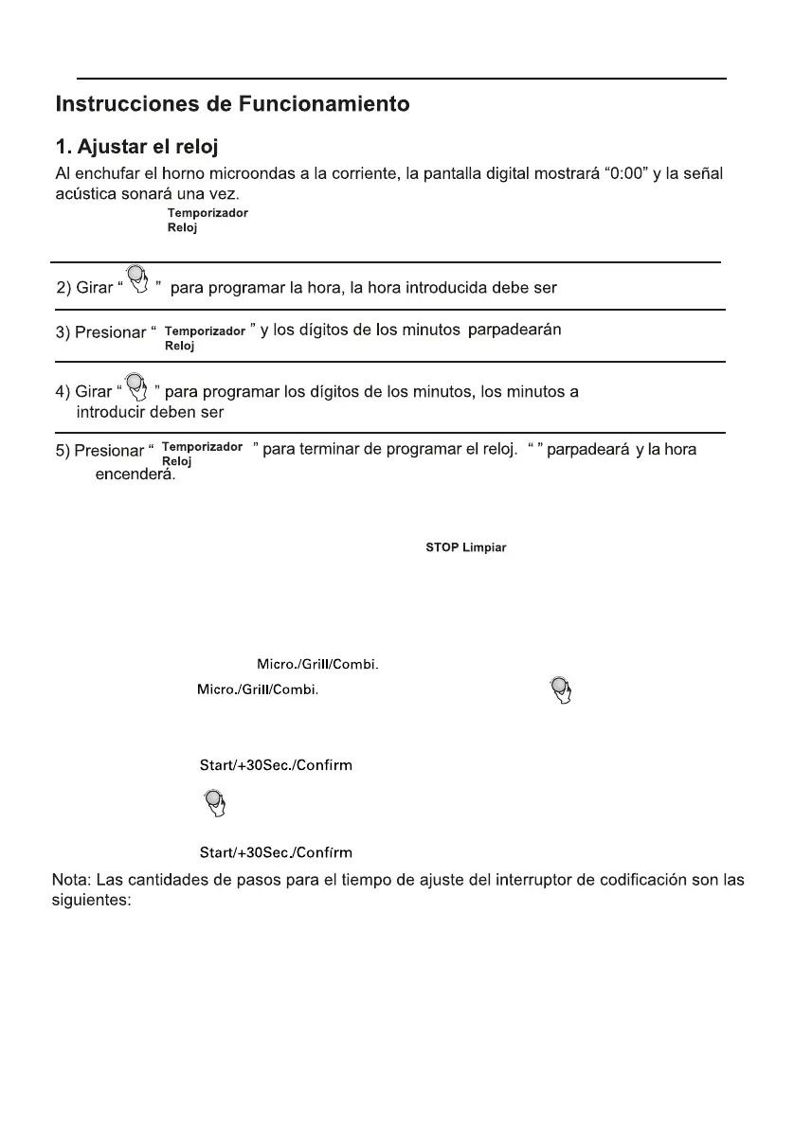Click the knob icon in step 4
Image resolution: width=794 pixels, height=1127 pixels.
pyautogui.click(x=137, y=385)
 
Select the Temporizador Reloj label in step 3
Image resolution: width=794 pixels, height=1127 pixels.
pyautogui.click(x=205, y=338)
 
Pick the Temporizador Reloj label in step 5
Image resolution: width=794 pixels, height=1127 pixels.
pyautogui.click(x=203, y=453)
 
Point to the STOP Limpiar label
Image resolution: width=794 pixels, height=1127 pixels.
pyautogui.click(x=465, y=549)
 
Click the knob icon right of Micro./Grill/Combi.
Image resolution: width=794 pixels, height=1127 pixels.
pyautogui.click(x=561, y=692)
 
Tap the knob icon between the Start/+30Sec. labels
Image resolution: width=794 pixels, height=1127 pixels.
pyautogui.click(x=214, y=804)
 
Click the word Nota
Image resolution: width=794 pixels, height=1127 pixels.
pyautogui.click(x=72, y=880)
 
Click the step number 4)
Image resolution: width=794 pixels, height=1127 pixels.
pyautogui.click(x=63, y=391)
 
